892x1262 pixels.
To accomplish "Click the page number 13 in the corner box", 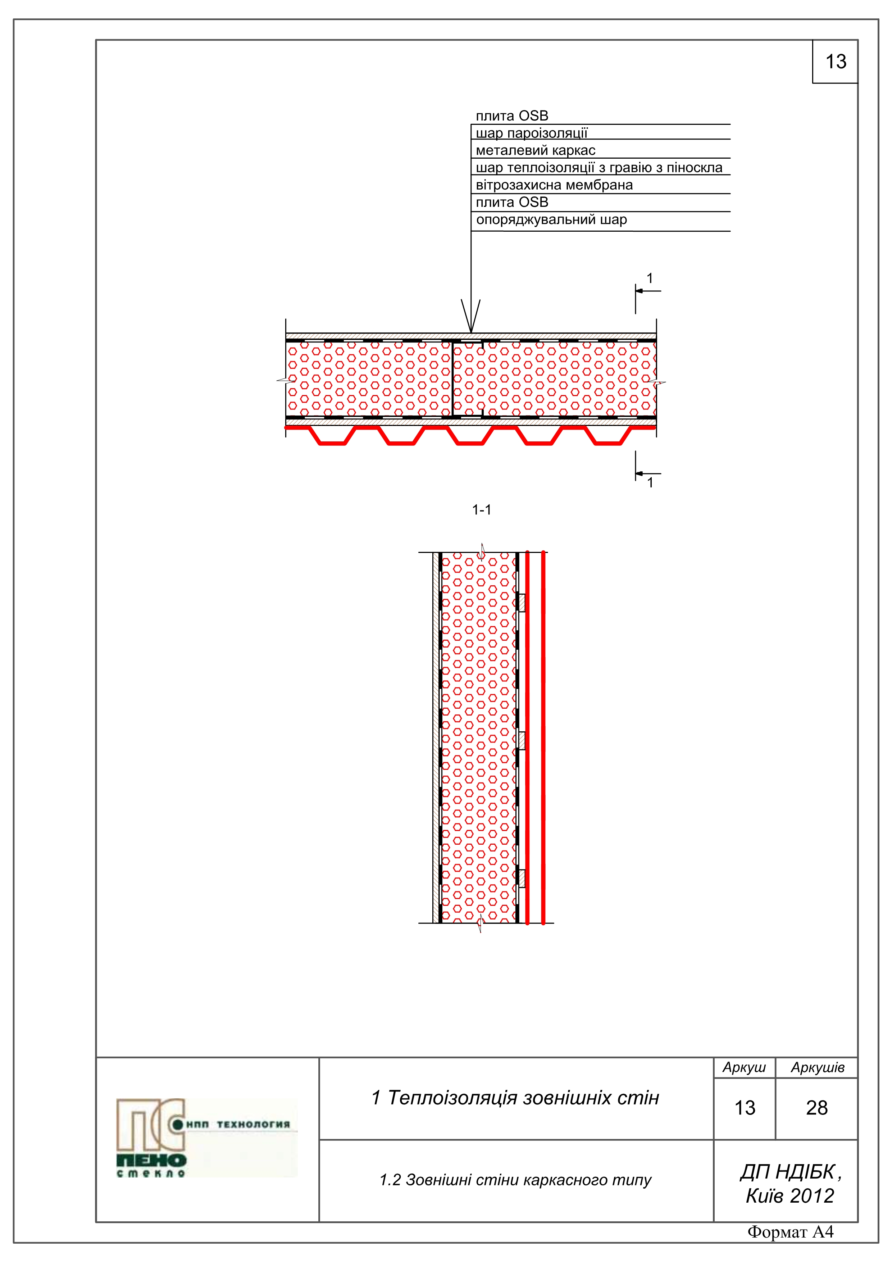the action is (836, 62).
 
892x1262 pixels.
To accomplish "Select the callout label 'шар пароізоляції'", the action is (532, 133).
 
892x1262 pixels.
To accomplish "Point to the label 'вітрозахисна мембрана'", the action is (554, 185).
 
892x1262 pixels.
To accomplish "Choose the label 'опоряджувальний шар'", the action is (551, 220).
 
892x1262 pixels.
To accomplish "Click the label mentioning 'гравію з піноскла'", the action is (599, 168).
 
